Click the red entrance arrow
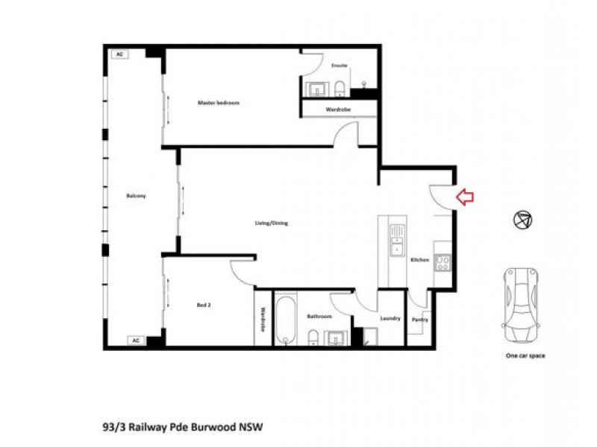(465, 197)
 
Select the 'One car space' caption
(525, 356)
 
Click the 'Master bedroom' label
(219, 102)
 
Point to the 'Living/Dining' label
(271, 223)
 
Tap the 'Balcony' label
(137, 196)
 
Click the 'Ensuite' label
(340, 66)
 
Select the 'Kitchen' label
(420, 259)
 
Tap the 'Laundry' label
(390, 319)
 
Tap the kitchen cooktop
(443, 262)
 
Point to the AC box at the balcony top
(119, 54)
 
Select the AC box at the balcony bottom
(136, 340)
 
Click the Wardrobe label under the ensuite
(338, 110)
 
